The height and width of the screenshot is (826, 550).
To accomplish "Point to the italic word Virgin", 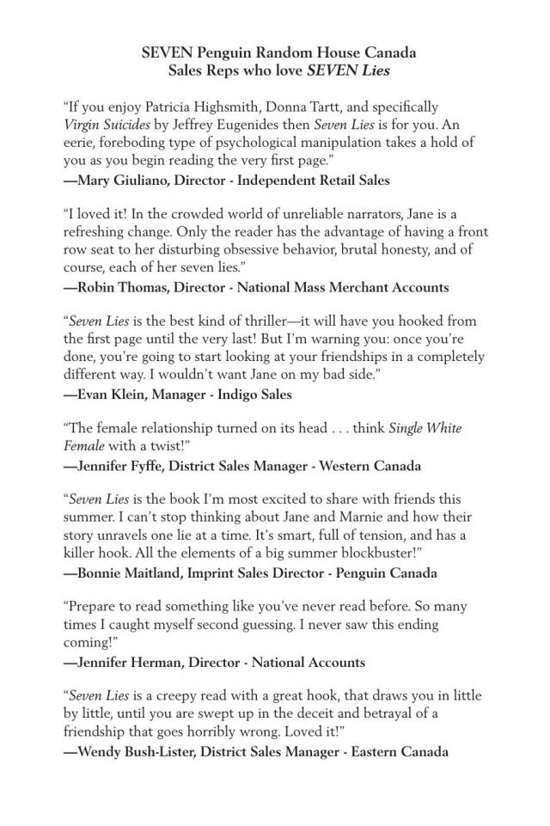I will pos(83,125).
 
